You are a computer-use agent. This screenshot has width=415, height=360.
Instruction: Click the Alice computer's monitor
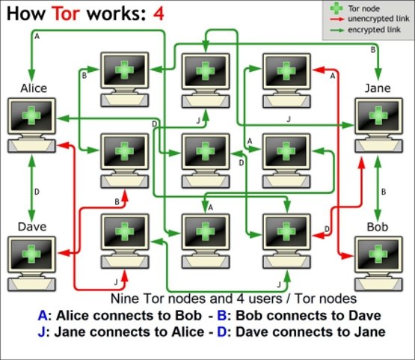pos(31,116)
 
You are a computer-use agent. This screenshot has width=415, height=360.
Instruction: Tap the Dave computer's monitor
pos(31,254)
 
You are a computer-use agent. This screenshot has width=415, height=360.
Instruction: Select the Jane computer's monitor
pos(379,116)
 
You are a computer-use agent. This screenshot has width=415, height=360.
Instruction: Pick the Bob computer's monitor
pos(378,254)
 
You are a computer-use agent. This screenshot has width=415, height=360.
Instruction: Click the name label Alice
pos(34,88)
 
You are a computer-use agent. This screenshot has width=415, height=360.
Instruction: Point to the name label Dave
pos(32,227)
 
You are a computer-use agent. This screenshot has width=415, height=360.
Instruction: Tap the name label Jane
pos(378,88)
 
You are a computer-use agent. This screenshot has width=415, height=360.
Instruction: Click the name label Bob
pos(378,227)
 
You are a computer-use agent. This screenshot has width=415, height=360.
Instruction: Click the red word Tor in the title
pos(66,13)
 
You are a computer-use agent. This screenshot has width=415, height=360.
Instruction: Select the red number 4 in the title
pos(159,13)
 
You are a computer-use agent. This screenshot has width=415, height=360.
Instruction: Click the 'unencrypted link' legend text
pos(378,19)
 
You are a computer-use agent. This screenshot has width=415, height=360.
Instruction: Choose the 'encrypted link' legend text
pos(374,30)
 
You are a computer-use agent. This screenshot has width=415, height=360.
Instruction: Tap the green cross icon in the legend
pos(336,8)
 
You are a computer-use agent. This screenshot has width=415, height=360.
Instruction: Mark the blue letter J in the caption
pos(41,332)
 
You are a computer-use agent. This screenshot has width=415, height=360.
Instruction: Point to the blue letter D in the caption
pos(221,332)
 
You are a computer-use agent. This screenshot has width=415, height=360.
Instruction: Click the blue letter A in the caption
pos(43,316)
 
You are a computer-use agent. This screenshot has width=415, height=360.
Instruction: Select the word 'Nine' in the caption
pos(125,299)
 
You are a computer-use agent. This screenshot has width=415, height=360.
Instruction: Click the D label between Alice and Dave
pos(37,192)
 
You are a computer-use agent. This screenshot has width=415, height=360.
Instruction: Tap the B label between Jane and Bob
pos(384,192)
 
